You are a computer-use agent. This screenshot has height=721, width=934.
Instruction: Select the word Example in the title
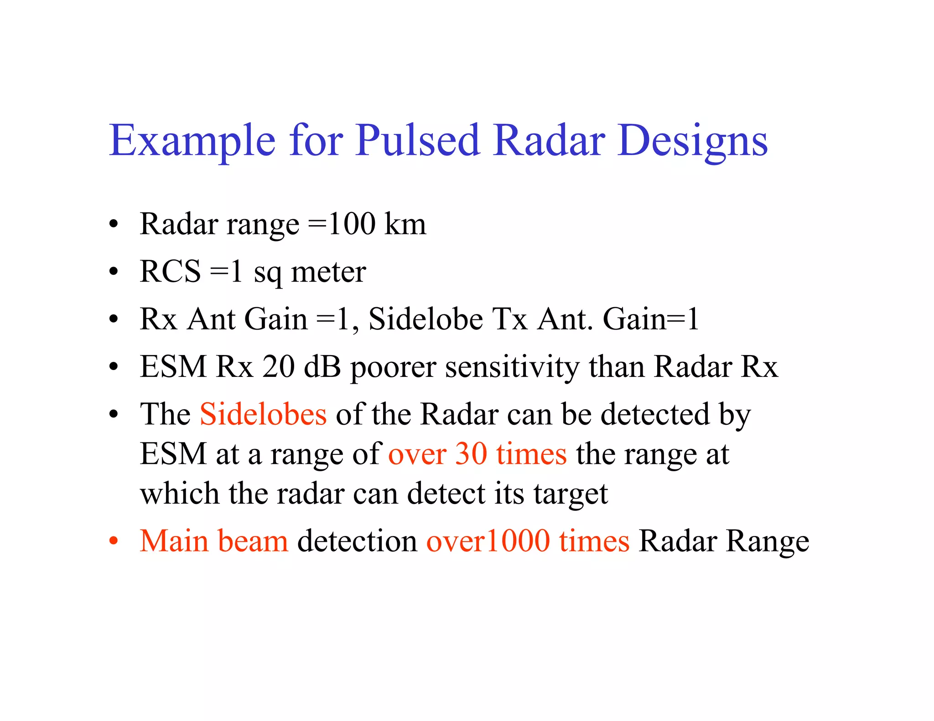[192, 141]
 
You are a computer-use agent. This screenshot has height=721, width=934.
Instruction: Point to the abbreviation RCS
[170, 271]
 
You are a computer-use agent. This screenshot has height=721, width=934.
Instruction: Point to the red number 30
[471, 454]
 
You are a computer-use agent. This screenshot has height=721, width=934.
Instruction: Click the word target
[571, 494]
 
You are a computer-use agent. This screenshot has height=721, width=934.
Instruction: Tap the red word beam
[253, 541]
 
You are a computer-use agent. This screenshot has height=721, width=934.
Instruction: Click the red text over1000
[488, 541]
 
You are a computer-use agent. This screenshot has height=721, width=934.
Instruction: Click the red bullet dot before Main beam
[114, 541]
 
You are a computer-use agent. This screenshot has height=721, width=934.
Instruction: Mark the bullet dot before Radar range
[114, 225]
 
